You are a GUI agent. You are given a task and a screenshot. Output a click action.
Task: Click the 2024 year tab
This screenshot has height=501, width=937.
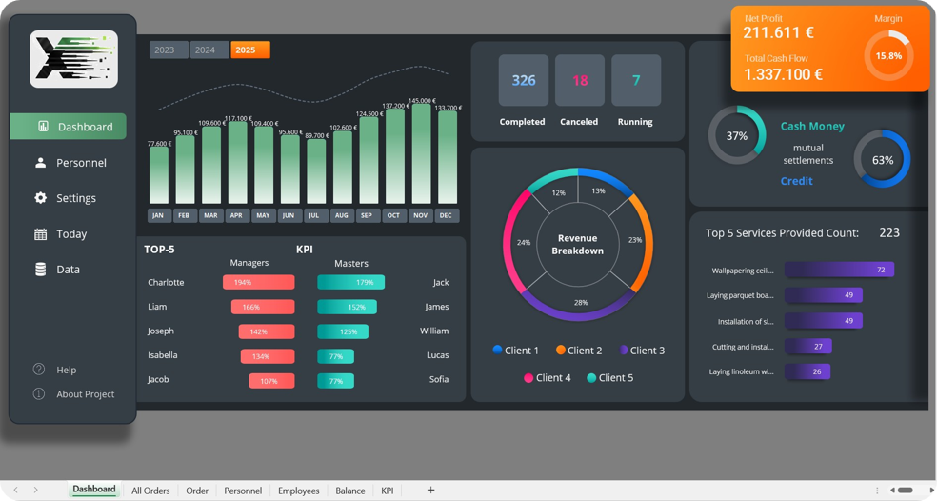pyautogui.click(x=205, y=50)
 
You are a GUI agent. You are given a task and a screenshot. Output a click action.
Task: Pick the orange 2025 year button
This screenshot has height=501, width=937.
pyautogui.click(x=249, y=50)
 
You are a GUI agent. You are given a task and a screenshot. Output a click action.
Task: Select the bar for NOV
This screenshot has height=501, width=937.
pyautogui.click(x=420, y=152)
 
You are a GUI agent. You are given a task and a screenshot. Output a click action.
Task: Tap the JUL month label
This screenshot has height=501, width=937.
pyautogui.click(x=314, y=216)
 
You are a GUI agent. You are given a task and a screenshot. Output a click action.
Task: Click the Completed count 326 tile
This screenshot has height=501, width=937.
pyautogui.click(x=523, y=81)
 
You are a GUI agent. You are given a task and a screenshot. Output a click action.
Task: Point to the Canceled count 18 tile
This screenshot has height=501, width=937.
pyautogui.click(x=579, y=81)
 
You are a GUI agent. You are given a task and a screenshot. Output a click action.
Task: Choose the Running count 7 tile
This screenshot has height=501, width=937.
pyautogui.click(x=635, y=81)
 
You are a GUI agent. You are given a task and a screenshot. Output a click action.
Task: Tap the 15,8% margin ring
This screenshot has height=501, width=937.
pyautogui.click(x=887, y=56)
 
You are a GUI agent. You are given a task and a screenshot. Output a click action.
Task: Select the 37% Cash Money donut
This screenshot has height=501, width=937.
pyautogui.click(x=736, y=136)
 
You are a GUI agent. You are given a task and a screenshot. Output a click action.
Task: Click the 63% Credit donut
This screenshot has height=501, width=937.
pyautogui.click(x=882, y=160)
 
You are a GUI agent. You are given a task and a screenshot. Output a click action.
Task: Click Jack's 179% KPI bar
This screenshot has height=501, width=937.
pyautogui.click(x=350, y=283)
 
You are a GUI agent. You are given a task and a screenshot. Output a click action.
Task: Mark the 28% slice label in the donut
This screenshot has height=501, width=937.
pyautogui.click(x=580, y=302)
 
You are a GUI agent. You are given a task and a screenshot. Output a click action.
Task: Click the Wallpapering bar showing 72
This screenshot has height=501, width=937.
pyautogui.click(x=839, y=271)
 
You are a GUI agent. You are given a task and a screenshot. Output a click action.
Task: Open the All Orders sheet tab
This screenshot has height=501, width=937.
pyautogui.click(x=150, y=491)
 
